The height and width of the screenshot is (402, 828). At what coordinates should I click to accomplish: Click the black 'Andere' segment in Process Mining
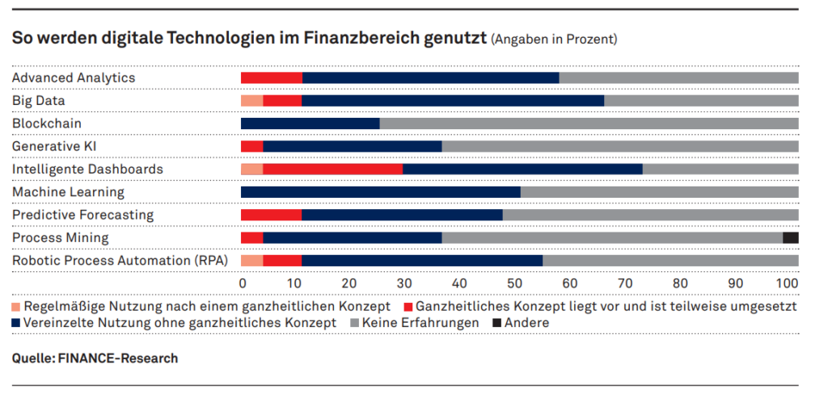tap(790, 237)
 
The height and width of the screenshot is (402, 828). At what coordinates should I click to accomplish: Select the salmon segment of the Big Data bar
tap(251, 100)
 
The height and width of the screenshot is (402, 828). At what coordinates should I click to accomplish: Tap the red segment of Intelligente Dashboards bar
tap(332, 169)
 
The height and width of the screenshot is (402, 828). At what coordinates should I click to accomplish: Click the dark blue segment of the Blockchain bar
tap(310, 124)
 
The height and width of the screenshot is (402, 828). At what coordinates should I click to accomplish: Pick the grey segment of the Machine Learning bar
tap(659, 192)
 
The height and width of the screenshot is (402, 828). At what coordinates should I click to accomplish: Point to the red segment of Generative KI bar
tap(251, 146)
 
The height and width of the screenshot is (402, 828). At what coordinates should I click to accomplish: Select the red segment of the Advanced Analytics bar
tap(271, 77)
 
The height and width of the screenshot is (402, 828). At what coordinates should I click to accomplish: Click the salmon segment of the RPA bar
tap(251, 261)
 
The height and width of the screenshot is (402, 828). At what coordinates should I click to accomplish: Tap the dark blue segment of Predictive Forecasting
tap(402, 215)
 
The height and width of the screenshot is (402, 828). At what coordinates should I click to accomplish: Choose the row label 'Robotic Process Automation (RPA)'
tap(120, 261)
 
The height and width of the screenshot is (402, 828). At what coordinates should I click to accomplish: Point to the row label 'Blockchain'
tap(46, 124)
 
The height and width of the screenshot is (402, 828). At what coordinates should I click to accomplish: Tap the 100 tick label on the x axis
tap(787, 284)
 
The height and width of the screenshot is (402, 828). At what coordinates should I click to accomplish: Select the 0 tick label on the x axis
tap(243, 284)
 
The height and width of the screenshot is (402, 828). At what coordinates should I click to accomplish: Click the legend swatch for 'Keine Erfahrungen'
tap(354, 323)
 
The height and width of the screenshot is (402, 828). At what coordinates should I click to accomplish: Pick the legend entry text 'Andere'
tap(528, 323)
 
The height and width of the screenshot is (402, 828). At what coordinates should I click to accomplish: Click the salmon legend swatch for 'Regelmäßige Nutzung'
tap(16, 307)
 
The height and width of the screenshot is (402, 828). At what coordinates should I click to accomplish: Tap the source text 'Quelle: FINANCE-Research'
tap(95, 358)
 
